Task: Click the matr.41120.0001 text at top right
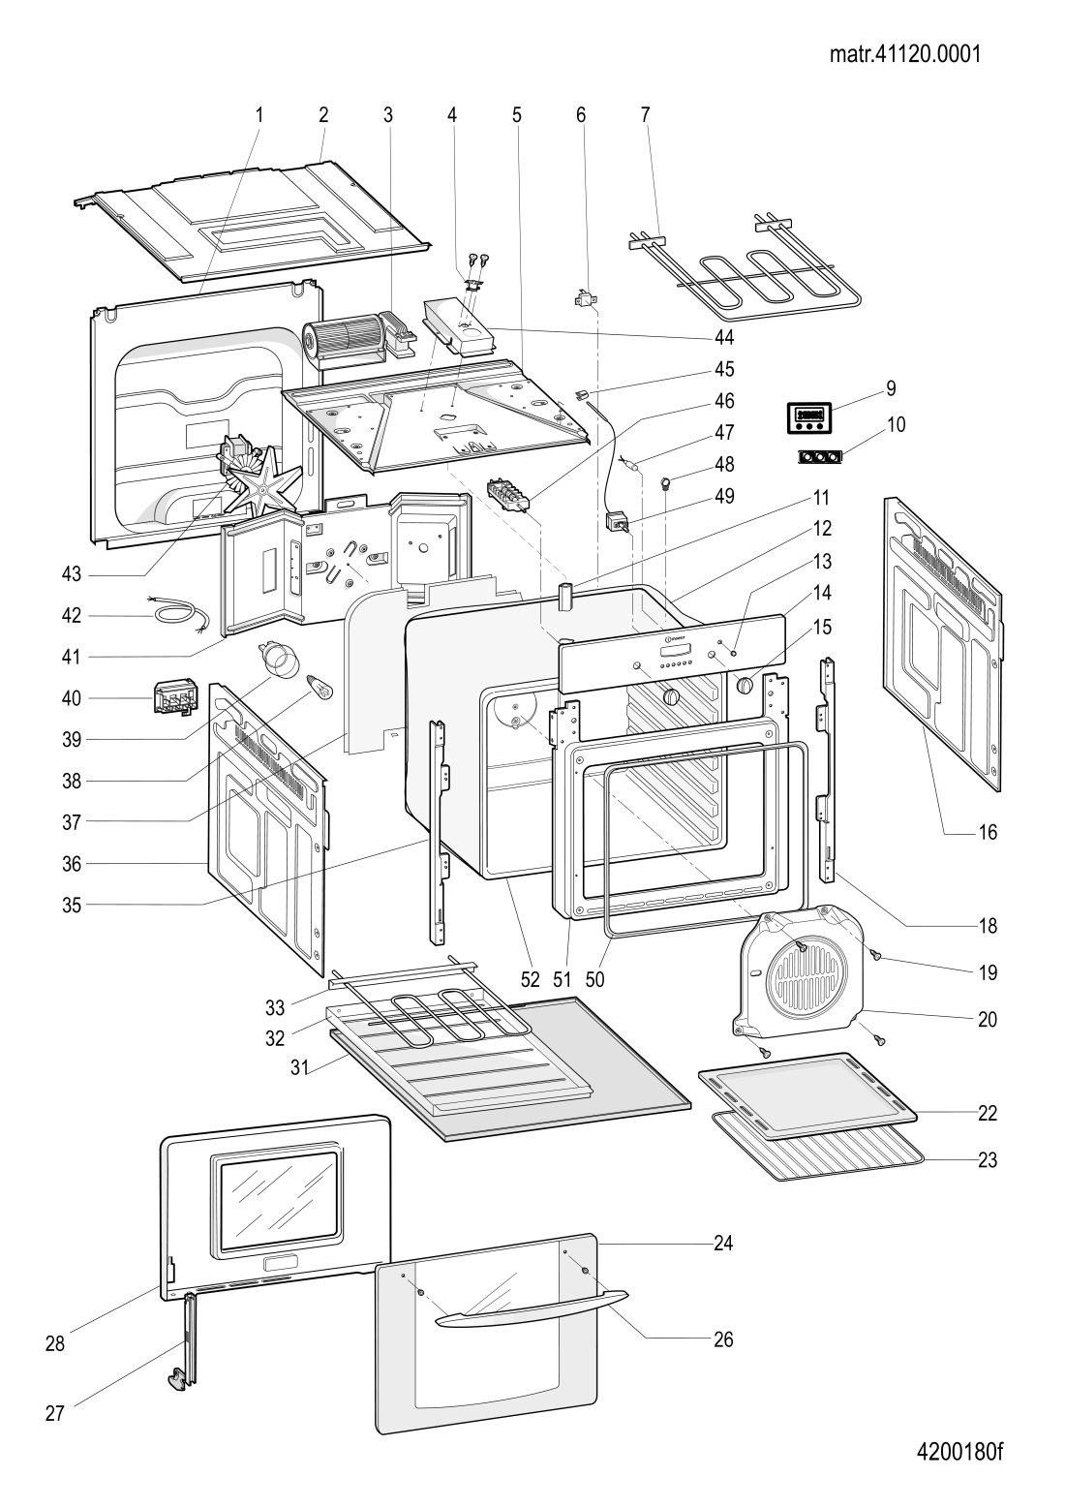(905, 54)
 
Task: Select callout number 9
(892, 388)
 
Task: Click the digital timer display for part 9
(808, 418)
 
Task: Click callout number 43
(72, 574)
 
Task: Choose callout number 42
(72, 615)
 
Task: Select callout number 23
(987, 1160)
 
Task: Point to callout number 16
(987, 832)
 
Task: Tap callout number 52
(531, 979)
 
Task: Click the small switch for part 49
(618, 522)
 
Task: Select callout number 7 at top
(645, 115)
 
